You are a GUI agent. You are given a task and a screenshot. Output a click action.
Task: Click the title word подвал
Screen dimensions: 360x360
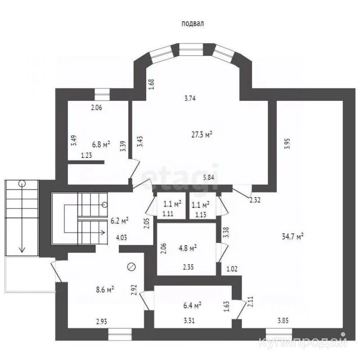click(193, 24)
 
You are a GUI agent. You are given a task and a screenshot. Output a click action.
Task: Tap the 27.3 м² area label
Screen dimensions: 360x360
click(202, 134)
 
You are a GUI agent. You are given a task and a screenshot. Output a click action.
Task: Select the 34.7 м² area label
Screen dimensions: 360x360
click(292, 236)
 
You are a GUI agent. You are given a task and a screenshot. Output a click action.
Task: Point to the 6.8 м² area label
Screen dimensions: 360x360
click(101, 144)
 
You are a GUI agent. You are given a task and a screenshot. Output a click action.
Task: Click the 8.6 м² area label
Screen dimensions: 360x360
click(105, 289)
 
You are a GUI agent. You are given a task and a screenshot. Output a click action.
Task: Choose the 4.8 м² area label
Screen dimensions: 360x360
click(188, 248)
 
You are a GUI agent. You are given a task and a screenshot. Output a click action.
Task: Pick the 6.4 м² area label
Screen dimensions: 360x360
click(192, 306)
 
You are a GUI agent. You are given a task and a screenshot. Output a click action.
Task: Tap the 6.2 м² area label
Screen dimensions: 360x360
click(119, 220)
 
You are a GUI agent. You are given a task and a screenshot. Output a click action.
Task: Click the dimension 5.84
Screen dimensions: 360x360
click(208, 177)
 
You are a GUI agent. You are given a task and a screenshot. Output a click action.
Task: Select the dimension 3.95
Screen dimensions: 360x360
click(287, 144)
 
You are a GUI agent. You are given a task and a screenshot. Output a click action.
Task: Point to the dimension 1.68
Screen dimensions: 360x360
click(151, 84)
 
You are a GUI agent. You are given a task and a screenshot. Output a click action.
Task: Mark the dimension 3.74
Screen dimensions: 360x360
click(190, 98)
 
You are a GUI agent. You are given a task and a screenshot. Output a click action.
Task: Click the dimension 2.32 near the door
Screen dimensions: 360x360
click(255, 200)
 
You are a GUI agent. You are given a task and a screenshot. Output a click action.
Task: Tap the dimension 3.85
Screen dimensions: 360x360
click(283, 320)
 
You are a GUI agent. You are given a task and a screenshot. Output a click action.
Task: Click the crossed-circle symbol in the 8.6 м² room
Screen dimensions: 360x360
click(131, 267)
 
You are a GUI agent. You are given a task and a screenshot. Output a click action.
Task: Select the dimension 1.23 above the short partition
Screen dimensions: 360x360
click(86, 155)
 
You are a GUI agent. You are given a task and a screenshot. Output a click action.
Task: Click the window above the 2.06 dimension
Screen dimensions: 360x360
click(103, 94)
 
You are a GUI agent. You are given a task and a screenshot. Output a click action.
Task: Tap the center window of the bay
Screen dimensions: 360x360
click(191, 49)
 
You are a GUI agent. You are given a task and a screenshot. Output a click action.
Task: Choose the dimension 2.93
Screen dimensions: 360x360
click(102, 321)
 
